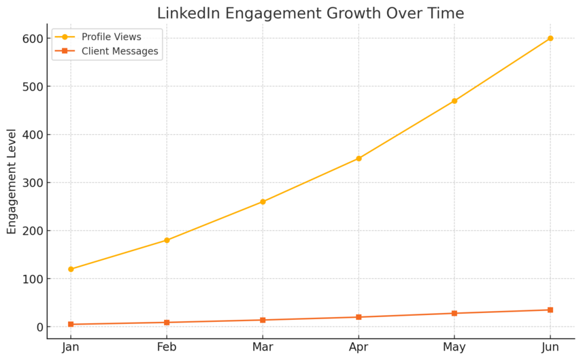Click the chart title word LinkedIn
point(187,14)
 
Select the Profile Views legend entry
point(111,37)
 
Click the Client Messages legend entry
point(119,51)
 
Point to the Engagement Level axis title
point(12,181)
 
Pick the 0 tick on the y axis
point(39,327)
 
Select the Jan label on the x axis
point(71,348)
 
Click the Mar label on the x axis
point(263,348)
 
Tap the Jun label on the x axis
point(550,348)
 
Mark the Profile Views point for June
point(550,38)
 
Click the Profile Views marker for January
point(71,269)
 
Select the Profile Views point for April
point(359,159)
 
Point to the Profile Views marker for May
point(454,101)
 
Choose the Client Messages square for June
point(550,310)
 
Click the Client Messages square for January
point(71,325)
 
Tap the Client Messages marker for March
point(263,320)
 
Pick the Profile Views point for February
point(167,240)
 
